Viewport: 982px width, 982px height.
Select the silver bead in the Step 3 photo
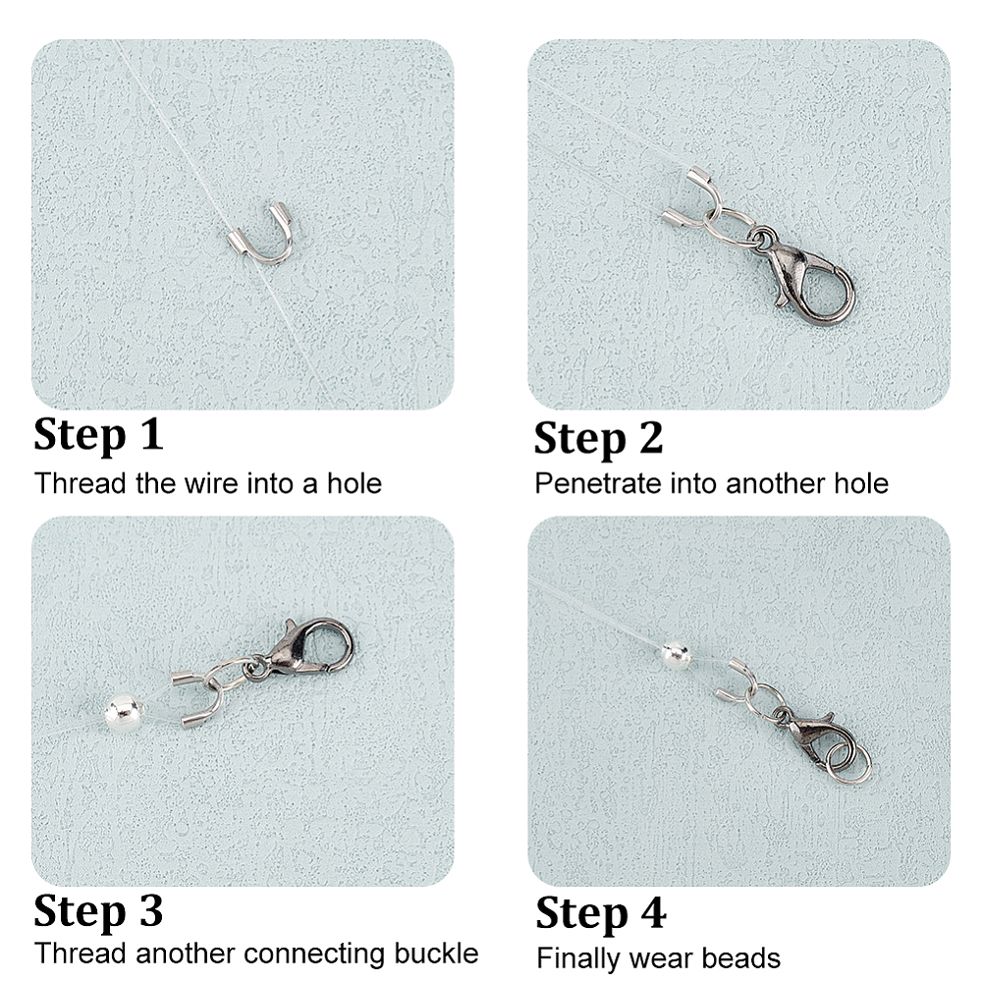[x=123, y=711]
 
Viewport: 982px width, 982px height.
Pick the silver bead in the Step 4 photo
[x=677, y=656]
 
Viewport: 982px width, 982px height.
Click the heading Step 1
[x=98, y=435]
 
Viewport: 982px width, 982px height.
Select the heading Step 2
[x=598, y=438]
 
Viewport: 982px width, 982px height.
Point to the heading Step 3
[x=98, y=911]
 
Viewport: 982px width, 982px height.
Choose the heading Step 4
[x=601, y=914]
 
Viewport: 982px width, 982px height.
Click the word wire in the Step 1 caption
[x=206, y=483]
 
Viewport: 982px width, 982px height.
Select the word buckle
[x=436, y=954]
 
